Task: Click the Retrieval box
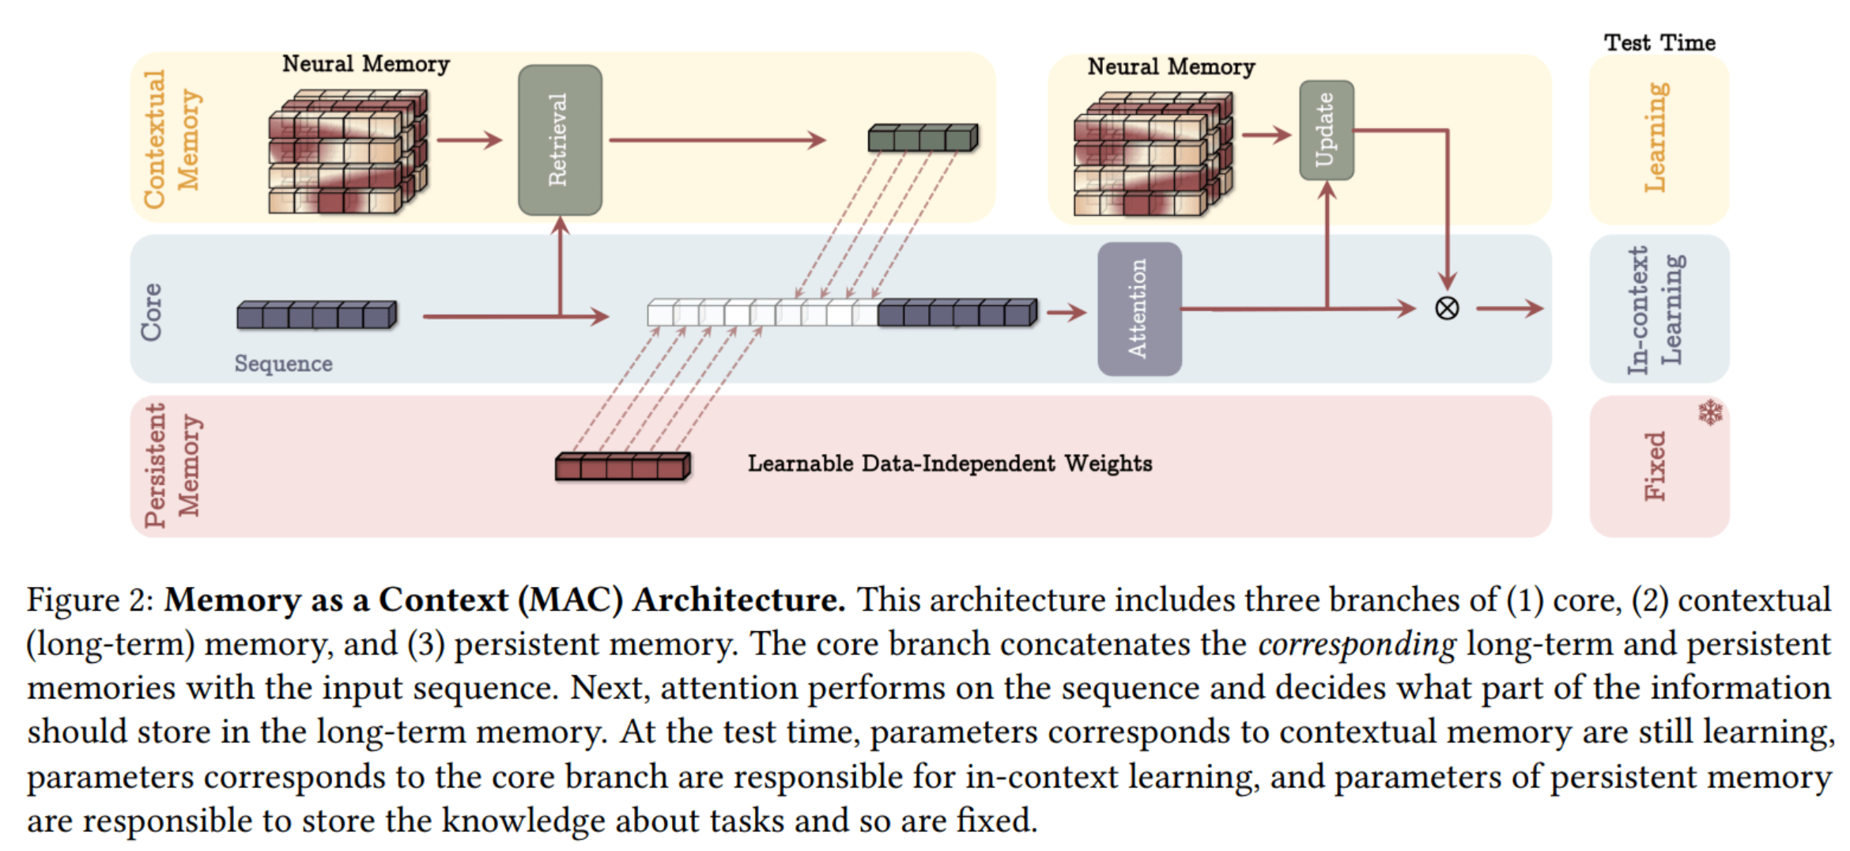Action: (560, 140)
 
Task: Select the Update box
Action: (1326, 130)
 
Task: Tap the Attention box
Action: (1139, 308)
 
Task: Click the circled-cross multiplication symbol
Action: (1447, 308)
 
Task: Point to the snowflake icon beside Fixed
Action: (1710, 412)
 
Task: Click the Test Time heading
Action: (1659, 42)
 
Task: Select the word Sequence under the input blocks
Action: (283, 363)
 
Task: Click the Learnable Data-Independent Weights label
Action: (950, 463)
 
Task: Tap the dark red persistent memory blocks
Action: (623, 466)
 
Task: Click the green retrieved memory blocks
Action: (923, 138)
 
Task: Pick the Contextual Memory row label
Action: (171, 139)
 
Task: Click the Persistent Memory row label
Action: (172, 465)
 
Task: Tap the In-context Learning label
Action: (1655, 309)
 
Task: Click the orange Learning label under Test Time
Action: (1655, 137)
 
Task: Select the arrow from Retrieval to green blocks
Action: (717, 141)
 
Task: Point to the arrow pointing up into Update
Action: (1327, 244)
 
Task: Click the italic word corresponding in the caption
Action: (1357, 644)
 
